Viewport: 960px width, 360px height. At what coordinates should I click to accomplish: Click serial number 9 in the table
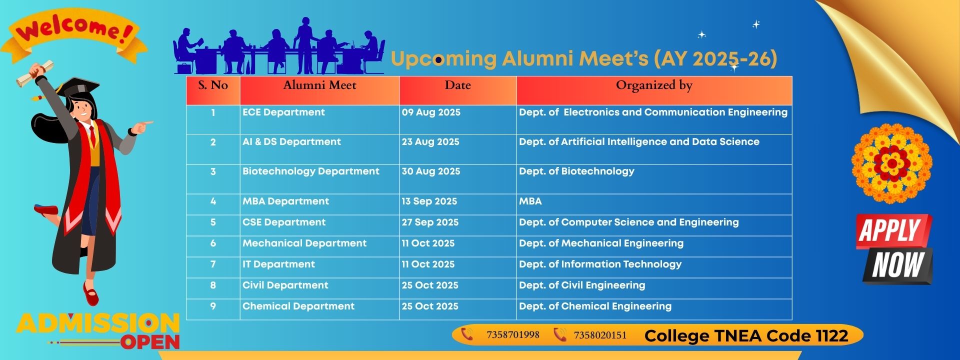pyautogui.click(x=213, y=306)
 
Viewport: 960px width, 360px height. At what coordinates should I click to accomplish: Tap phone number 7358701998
pyautogui.click(x=512, y=335)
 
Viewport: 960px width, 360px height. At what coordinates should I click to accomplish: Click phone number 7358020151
pyautogui.click(x=600, y=335)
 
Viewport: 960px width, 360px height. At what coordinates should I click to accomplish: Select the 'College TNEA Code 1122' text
pyautogui.click(x=746, y=336)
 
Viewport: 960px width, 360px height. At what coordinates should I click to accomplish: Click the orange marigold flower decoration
pyautogui.click(x=891, y=163)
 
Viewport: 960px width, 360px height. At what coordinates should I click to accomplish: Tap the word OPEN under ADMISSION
pyautogui.click(x=149, y=342)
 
